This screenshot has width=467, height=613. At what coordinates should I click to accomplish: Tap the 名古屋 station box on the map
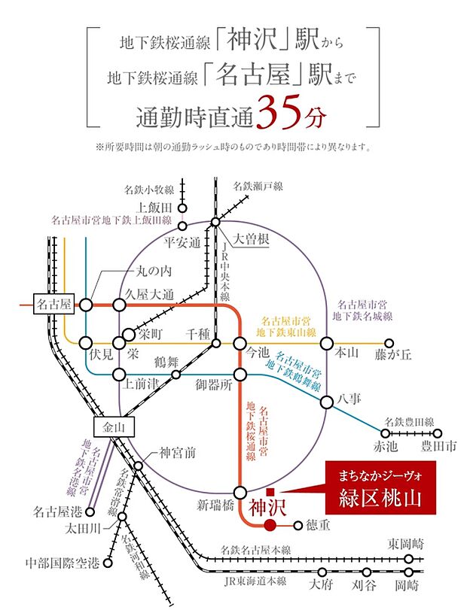tap(53, 304)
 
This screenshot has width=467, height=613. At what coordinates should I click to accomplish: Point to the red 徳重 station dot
tap(270, 526)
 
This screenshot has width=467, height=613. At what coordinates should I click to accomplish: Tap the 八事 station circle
tap(327, 402)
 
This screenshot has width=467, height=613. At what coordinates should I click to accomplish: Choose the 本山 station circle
tap(327, 344)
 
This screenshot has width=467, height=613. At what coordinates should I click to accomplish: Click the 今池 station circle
tap(241, 344)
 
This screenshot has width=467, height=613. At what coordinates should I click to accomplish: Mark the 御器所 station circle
tap(241, 375)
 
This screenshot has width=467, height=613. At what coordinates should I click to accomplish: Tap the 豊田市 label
tap(438, 446)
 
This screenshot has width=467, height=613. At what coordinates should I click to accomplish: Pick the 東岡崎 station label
tap(405, 543)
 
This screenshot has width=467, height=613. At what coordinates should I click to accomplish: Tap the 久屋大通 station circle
tap(118, 305)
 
